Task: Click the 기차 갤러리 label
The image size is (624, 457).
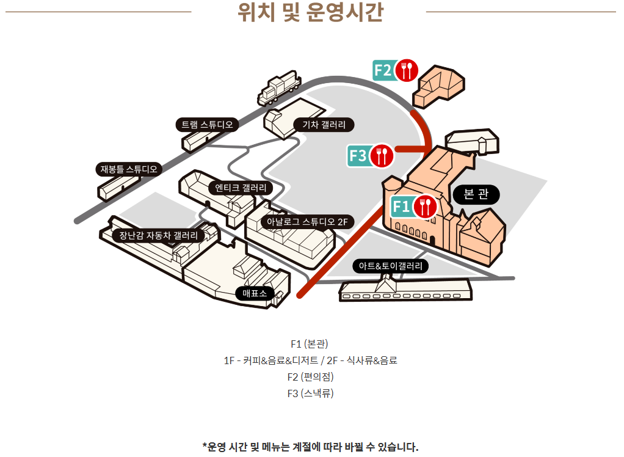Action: (x=324, y=125)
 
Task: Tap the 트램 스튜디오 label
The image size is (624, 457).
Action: (x=208, y=125)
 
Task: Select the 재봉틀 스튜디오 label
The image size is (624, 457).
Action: (x=129, y=169)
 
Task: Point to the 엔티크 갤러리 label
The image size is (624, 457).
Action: (x=240, y=187)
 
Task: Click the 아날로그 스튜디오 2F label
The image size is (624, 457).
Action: (x=307, y=222)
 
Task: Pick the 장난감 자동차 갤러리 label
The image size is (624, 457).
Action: (x=158, y=235)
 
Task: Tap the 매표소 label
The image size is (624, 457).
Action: (x=255, y=293)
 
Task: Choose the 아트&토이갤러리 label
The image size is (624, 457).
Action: (x=391, y=266)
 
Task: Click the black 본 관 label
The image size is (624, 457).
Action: (x=476, y=194)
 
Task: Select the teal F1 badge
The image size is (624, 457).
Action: (x=401, y=207)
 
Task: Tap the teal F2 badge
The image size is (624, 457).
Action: (x=383, y=70)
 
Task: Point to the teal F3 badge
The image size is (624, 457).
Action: (x=358, y=156)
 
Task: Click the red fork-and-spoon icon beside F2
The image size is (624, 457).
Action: (x=407, y=70)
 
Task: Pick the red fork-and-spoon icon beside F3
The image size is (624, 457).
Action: (x=382, y=156)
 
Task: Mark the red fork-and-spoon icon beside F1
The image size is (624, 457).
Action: (x=425, y=207)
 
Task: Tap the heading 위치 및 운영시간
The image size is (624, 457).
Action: (x=311, y=12)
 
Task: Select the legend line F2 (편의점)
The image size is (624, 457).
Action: (x=311, y=376)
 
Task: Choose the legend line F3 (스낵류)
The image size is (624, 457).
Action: (x=311, y=393)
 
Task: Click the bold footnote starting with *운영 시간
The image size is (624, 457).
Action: (x=311, y=447)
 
